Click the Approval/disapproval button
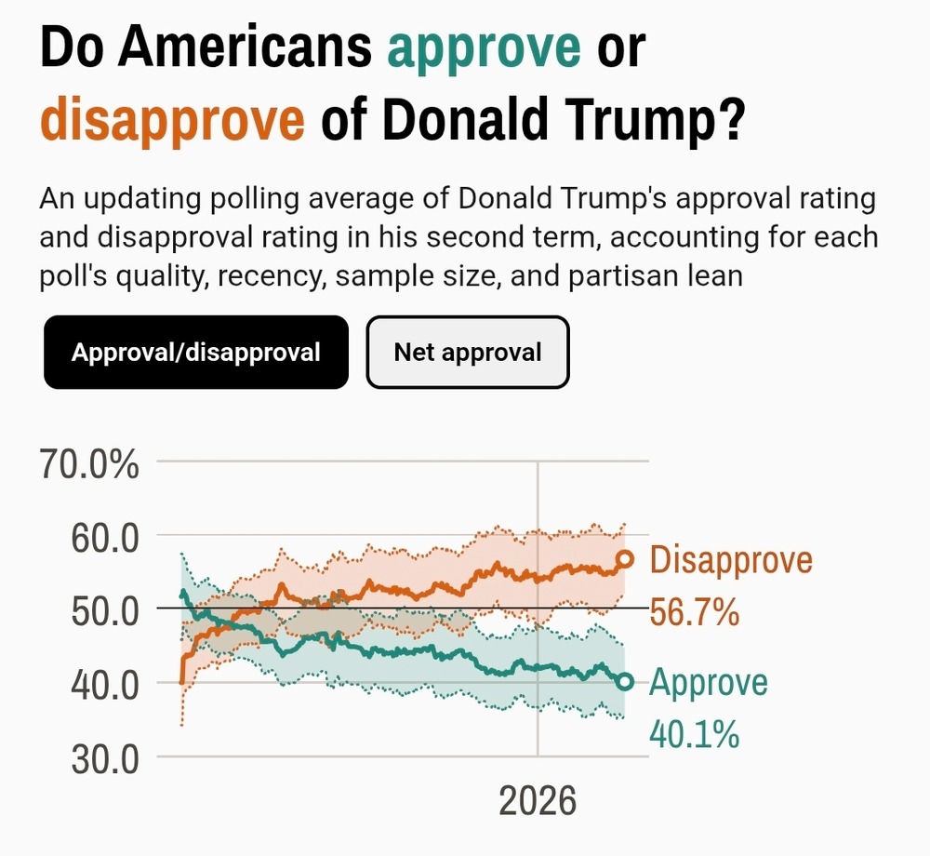(196, 353)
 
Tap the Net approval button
(468, 353)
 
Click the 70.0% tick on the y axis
(91, 463)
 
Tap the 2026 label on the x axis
(538, 800)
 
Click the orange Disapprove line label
(731, 560)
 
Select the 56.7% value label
(695, 613)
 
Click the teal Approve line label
(709, 682)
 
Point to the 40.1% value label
(694, 734)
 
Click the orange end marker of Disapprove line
(625, 559)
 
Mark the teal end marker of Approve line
(625, 682)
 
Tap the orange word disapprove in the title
(173, 121)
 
